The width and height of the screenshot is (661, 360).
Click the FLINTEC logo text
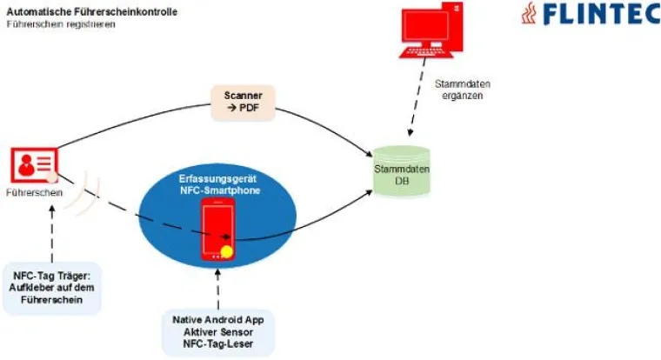(599, 15)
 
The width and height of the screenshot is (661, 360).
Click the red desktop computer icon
(429, 34)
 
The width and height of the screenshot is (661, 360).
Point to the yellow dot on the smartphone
(228, 254)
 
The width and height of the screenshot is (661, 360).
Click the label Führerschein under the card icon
(34, 193)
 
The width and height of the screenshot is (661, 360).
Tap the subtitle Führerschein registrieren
(61, 24)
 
